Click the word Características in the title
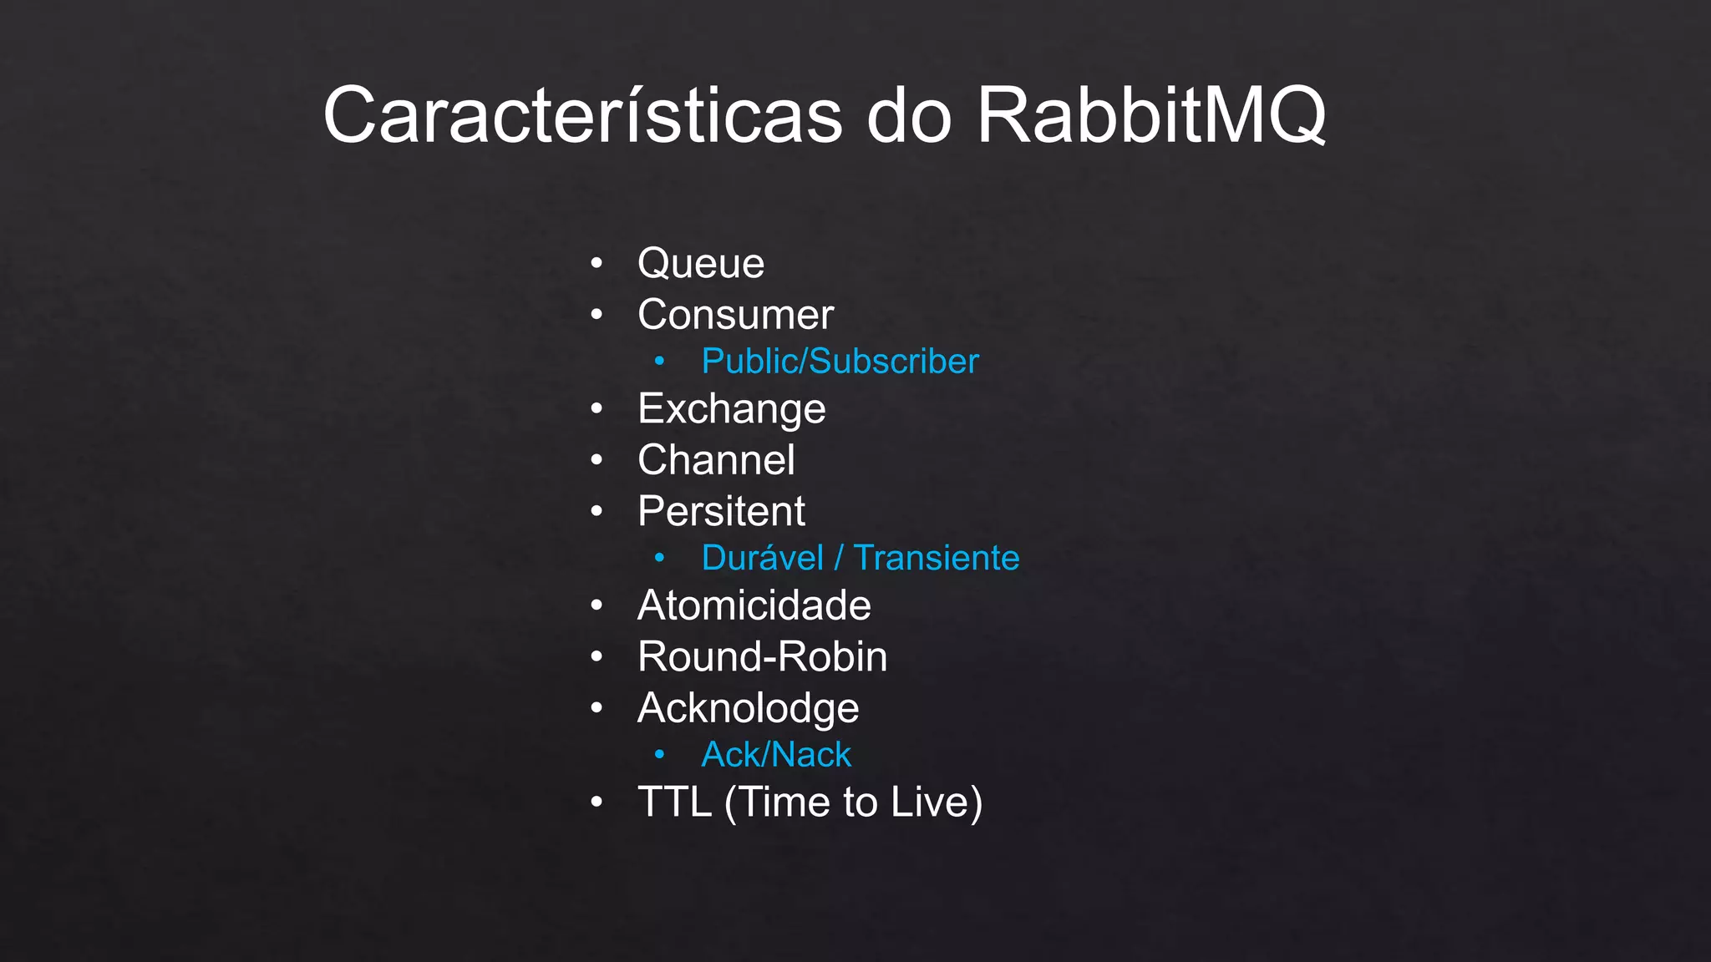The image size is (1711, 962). (x=582, y=115)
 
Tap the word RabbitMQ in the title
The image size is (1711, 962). (x=1150, y=115)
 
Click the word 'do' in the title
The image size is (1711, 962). (x=909, y=115)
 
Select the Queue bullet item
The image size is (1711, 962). (x=700, y=264)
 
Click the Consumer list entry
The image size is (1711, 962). (x=735, y=315)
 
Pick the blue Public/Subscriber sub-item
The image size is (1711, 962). (x=840, y=362)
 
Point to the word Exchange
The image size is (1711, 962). (x=731, y=409)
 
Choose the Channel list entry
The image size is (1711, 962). (x=716, y=460)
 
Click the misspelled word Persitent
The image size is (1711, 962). (x=721, y=511)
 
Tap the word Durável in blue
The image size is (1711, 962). (x=762, y=558)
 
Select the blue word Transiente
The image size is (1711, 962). (x=936, y=558)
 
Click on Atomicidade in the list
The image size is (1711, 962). (x=754, y=605)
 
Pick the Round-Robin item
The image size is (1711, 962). (x=762, y=656)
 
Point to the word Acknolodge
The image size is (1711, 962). (x=748, y=708)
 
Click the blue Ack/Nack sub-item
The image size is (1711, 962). (x=776, y=755)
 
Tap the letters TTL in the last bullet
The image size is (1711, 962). (x=674, y=802)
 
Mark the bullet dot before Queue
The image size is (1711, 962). (x=596, y=264)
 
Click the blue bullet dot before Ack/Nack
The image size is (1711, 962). (x=659, y=755)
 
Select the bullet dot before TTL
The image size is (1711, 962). (x=596, y=803)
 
